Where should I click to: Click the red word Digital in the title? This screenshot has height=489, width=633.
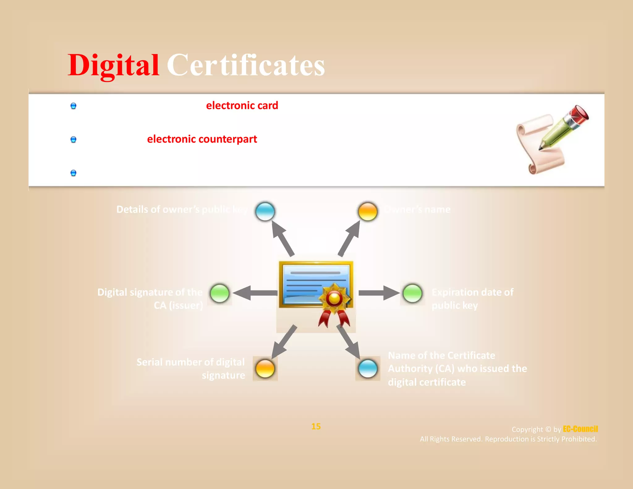[x=113, y=66]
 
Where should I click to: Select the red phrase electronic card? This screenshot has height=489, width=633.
[x=242, y=106]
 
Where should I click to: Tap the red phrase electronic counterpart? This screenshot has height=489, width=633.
[x=202, y=139]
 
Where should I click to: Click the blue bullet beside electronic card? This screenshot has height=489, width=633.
[x=73, y=106]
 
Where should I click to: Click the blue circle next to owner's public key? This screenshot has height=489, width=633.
[x=265, y=211]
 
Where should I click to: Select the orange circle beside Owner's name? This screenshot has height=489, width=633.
[x=367, y=212]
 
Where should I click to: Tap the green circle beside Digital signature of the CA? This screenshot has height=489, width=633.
[x=220, y=293]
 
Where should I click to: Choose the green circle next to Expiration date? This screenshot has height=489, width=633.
[x=412, y=293]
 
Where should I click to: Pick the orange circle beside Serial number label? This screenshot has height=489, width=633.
[x=265, y=368]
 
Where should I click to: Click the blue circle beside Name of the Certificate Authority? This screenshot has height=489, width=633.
[x=368, y=368]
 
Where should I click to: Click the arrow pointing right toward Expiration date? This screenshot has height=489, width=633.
[x=379, y=293]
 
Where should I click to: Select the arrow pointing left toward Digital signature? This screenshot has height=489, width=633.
[x=255, y=293]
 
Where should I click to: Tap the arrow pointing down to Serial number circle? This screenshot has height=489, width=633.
[x=284, y=342]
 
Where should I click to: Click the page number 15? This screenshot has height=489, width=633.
[x=316, y=427]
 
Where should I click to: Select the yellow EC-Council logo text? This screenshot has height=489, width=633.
[x=580, y=429]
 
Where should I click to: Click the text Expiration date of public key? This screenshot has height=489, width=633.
[x=472, y=299]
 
